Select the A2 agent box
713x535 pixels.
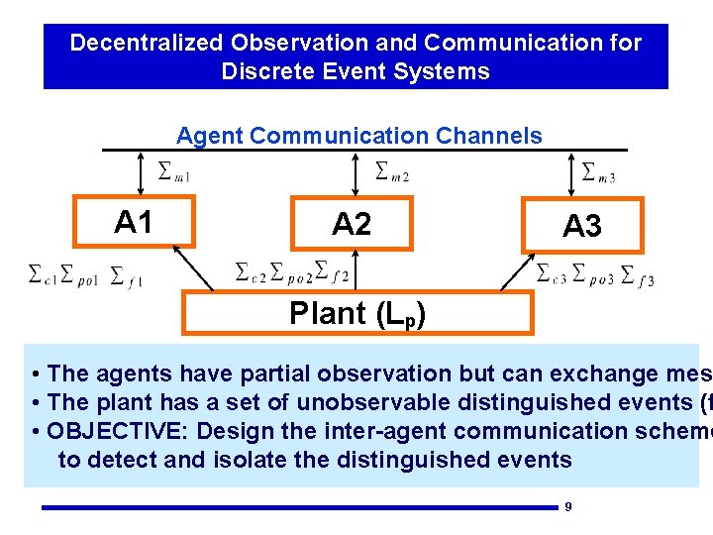(x=351, y=225)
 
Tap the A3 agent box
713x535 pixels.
(x=581, y=226)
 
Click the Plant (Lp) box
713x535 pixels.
(x=356, y=313)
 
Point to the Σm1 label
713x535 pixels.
(x=173, y=172)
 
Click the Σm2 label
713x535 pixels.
(x=392, y=172)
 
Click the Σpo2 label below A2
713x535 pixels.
(x=292, y=270)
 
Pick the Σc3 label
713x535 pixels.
(x=551, y=271)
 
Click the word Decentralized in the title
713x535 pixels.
(x=148, y=43)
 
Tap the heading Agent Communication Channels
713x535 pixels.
(x=358, y=136)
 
